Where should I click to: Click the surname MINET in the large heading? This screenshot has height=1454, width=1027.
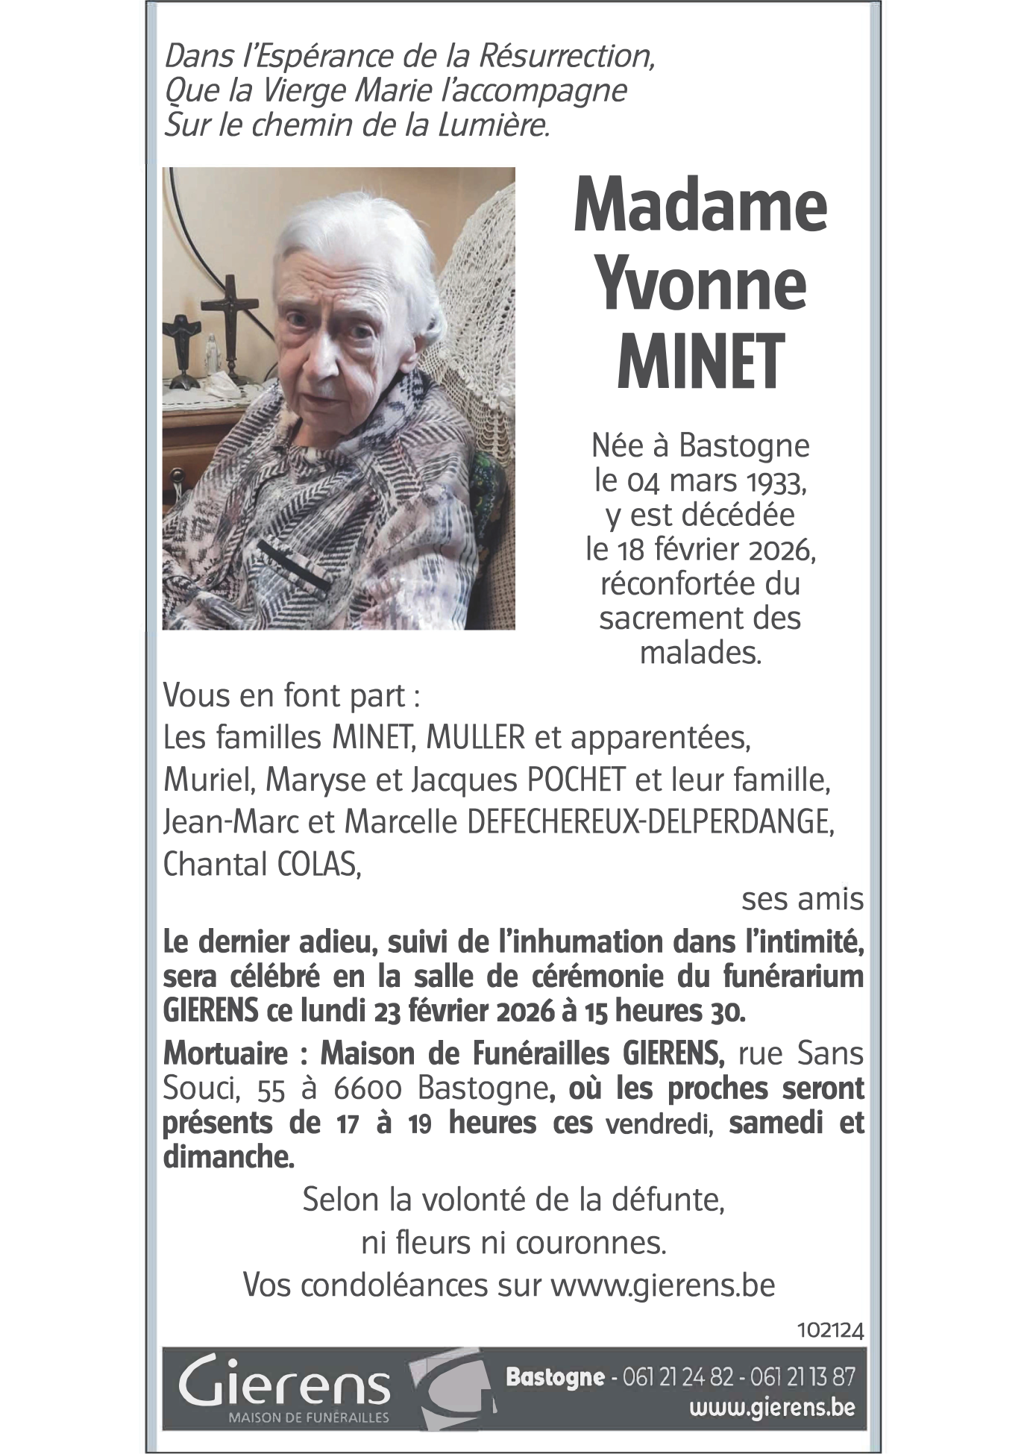[700, 362]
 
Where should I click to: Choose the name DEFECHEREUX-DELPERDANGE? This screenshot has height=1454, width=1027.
[650, 822]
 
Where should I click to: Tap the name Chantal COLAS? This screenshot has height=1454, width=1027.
[262, 864]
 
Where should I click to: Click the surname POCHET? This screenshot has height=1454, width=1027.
[576, 780]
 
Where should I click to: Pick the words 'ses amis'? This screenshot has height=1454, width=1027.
[802, 900]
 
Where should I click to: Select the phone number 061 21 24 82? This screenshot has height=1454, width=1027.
[678, 1377]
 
